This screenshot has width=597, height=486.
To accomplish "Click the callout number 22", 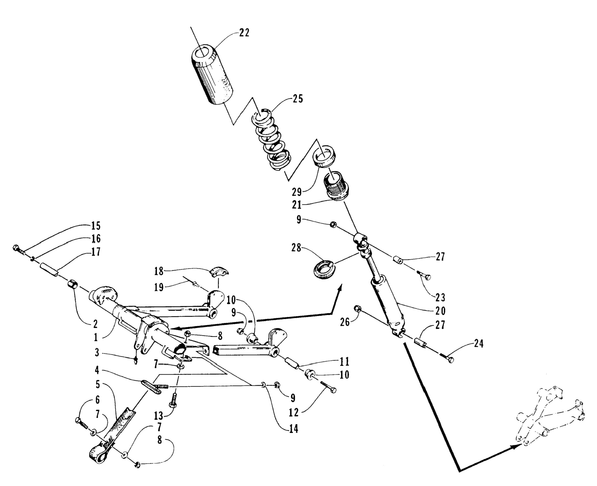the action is click(244, 33).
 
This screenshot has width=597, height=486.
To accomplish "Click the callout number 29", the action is click(297, 192).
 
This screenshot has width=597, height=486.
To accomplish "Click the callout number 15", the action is click(96, 226).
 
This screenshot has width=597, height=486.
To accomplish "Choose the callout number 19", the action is click(159, 287).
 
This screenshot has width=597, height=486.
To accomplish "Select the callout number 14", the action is click(293, 429).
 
